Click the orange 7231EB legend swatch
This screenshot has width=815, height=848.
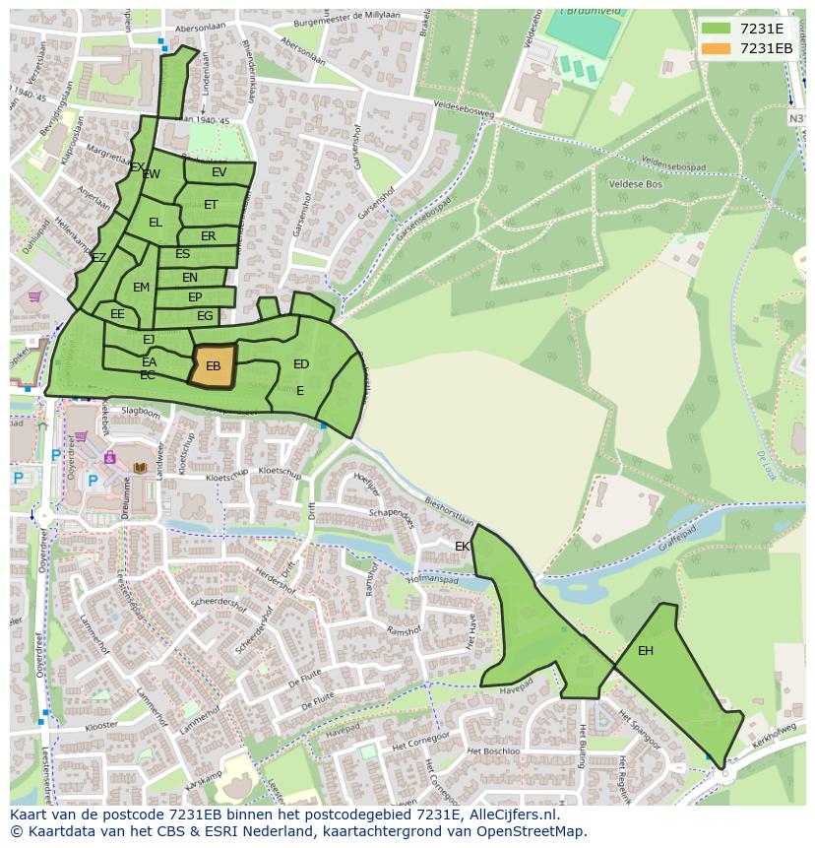coord(717,48)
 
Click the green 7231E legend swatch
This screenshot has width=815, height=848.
coord(717,29)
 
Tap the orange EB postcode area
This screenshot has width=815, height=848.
coord(213,366)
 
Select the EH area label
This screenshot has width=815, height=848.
coord(646,651)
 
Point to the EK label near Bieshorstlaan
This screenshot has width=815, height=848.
coord(463,546)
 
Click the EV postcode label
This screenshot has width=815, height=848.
coord(219,172)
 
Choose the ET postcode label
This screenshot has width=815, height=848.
coord(211,205)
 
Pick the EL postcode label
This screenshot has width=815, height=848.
coord(155,223)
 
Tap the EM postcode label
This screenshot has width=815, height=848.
coord(141,288)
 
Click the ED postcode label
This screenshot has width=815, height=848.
coord(301,364)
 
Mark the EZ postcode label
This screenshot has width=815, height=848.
coord(98,258)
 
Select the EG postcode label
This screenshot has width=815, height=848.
coord(205,316)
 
